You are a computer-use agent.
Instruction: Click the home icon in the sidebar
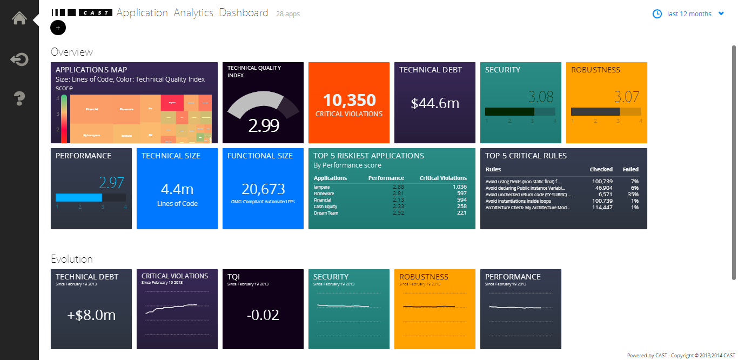[x=19, y=18]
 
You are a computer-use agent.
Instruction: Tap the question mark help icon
[x=19, y=98]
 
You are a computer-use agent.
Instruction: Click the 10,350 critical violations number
[x=349, y=100]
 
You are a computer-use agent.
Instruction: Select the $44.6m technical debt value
[x=435, y=103]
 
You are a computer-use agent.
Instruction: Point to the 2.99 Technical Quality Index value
[x=264, y=125]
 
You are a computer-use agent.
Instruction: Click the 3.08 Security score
[x=541, y=97]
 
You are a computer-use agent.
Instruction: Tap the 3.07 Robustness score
[x=627, y=97]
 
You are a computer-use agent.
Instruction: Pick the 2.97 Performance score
[x=112, y=183]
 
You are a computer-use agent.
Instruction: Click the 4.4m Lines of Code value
[x=177, y=189]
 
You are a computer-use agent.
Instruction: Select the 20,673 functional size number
[x=263, y=189]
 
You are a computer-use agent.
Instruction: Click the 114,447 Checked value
[x=602, y=207]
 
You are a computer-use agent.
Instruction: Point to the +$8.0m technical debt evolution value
[x=91, y=315]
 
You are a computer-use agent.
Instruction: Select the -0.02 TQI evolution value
[x=263, y=315]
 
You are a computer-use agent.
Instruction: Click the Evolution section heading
[x=72, y=259]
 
